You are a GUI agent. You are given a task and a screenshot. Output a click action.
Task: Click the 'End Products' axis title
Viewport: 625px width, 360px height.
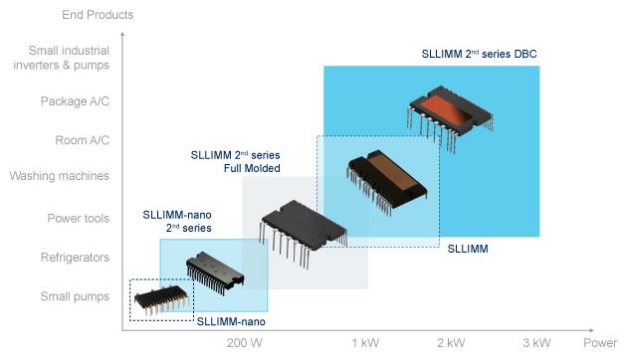(x=98, y=15)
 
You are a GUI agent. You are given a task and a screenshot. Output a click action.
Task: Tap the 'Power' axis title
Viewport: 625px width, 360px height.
(x=600, y=342)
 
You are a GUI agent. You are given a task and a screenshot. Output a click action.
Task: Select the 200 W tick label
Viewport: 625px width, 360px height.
(x=245, y=342)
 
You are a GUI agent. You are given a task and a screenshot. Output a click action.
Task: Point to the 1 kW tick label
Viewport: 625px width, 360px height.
(x=365, y=342)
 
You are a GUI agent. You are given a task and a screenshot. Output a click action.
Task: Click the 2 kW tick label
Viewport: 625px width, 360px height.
(x=451, y=342)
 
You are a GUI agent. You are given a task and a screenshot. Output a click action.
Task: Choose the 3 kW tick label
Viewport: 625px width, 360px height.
(x=536, y=342)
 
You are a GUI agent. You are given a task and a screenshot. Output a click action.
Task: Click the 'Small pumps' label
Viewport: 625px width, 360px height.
(x=75, y=296)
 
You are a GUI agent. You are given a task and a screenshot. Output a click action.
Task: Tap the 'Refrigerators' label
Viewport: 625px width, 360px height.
(x=75, y=258)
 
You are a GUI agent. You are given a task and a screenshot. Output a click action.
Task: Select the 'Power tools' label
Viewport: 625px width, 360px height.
(x=78, y=218)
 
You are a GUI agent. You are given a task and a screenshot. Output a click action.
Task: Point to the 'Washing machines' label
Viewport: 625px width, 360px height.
(x=59, y=176)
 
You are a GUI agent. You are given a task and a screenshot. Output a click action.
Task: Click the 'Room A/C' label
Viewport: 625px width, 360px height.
(x=83, y=140)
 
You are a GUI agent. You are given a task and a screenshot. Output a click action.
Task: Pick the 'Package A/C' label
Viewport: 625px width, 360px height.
(x=75, y=101)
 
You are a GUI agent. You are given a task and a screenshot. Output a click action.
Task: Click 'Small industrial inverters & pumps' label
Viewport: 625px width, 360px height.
(x=61, y=58)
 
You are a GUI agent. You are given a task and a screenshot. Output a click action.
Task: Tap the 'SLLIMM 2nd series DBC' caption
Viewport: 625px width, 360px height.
(x=479, y=54)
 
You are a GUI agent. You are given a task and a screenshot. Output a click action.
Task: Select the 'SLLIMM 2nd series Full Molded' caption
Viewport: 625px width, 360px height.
(x=235, y=162)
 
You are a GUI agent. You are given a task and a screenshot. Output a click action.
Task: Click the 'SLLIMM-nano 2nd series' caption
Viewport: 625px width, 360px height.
(x=177, y=222)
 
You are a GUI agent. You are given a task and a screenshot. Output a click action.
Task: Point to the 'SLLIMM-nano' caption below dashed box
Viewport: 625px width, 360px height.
(x=231, y=321)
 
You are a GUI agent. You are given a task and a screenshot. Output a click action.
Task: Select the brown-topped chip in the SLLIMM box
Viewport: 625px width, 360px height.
(x=386, y=182)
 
